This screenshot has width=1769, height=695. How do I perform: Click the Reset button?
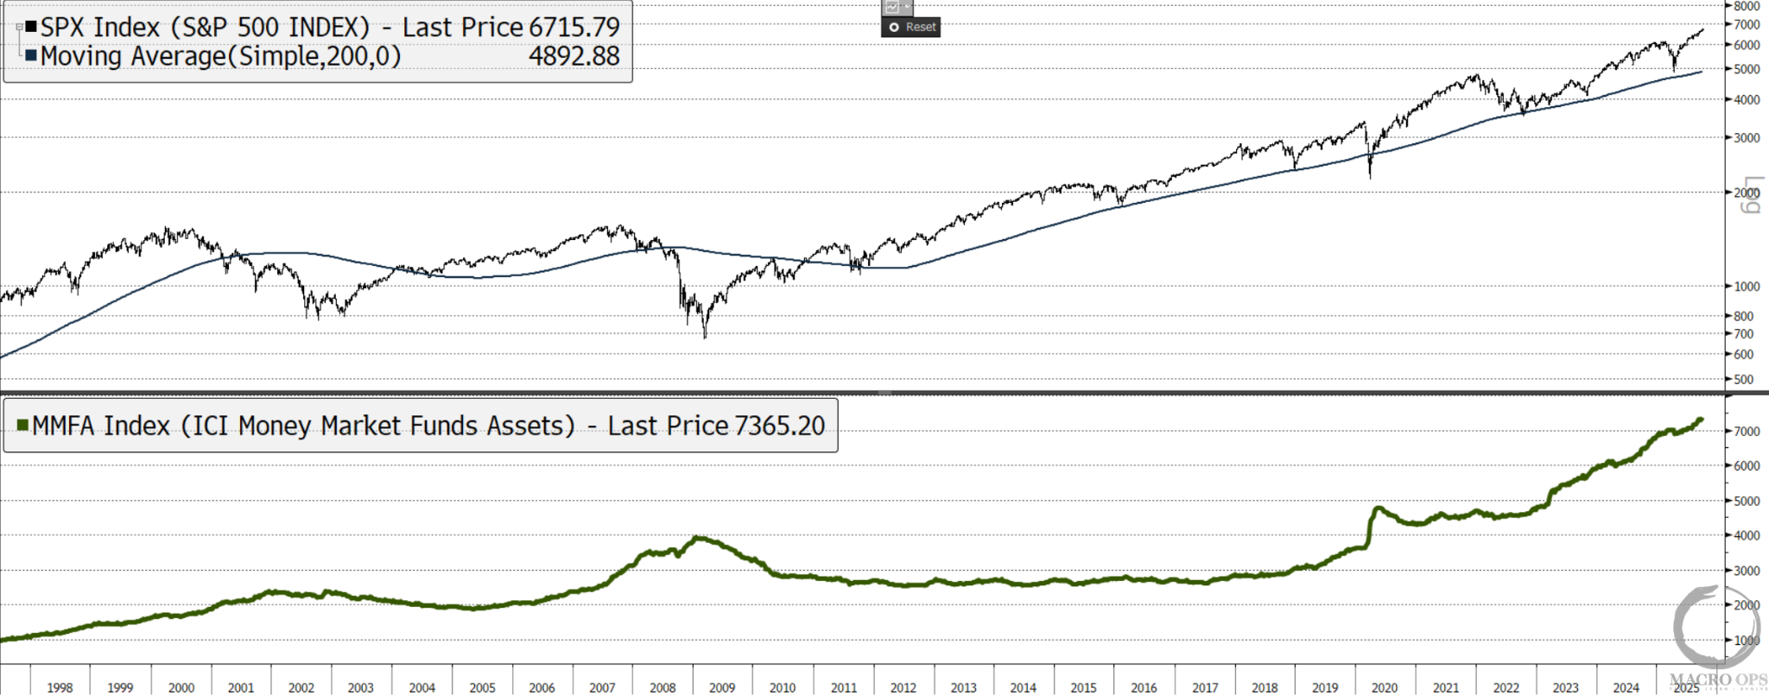coord(911,27)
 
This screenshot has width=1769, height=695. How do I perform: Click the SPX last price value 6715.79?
coord(574,27)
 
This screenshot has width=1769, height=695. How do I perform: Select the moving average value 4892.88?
coord(574,56)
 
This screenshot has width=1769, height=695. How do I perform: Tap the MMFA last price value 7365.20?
coord(780,426)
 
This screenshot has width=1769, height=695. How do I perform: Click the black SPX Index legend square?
coord(31,27)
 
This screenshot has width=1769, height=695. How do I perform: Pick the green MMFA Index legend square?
coord(23,425)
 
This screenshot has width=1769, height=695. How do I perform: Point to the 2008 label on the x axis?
coord(663,687)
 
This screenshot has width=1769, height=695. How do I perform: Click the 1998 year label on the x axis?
coord(60,687)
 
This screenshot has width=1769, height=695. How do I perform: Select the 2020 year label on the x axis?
coord(1385,687)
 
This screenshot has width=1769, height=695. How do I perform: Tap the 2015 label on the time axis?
coord(1083,687)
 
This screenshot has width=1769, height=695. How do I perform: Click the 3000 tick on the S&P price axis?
coord(1747,137)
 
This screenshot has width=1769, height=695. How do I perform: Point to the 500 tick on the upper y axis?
coord(1744,379)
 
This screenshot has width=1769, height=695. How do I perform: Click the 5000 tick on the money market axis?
coord(1747,501)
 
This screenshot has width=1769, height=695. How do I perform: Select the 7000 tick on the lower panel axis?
coord(1747,431)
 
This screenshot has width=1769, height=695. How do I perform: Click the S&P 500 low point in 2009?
coord(705,336)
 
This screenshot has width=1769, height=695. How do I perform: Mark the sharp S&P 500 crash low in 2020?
coord(1370,177)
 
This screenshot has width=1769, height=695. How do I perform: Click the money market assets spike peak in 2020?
coord(1379,508)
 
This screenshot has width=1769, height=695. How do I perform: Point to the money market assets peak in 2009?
coord(699,538)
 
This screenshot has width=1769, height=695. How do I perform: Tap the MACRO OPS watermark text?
coord(1718,679)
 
